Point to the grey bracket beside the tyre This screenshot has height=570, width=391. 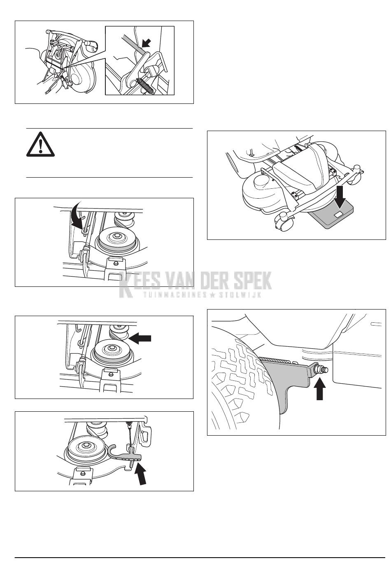coord(288,382)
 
